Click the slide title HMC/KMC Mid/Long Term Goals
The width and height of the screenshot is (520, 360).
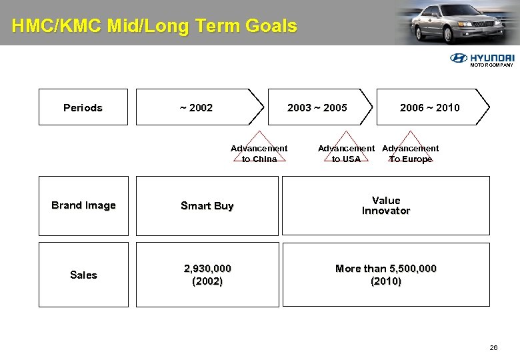(x=154, y=26)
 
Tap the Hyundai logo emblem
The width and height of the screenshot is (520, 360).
(x=459, y=58)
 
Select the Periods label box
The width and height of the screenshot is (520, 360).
(x=83, y=107)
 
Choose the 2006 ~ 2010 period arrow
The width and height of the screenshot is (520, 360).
(x=431, y=107)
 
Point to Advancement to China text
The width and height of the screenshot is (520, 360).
(x=259, y=153)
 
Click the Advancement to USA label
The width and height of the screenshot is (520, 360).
(x=346, y=153)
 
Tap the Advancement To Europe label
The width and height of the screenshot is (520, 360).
(x=410, y=153)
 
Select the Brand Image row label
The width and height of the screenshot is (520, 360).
(x=83, y=205)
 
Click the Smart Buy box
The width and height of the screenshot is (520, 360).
(x=207, y=206)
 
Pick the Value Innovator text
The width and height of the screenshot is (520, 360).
(x=385, y=205)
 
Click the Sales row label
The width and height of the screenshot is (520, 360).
(x=83, y=275)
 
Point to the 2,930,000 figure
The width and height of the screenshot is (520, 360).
(x=207, y=268)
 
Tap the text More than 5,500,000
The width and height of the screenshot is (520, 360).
(x=385, y=268)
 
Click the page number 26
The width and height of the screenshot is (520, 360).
(x=493, y=347)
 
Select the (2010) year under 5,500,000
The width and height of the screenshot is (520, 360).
(x=385, y=281)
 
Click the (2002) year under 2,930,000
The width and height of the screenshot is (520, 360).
(x=207, y=281)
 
